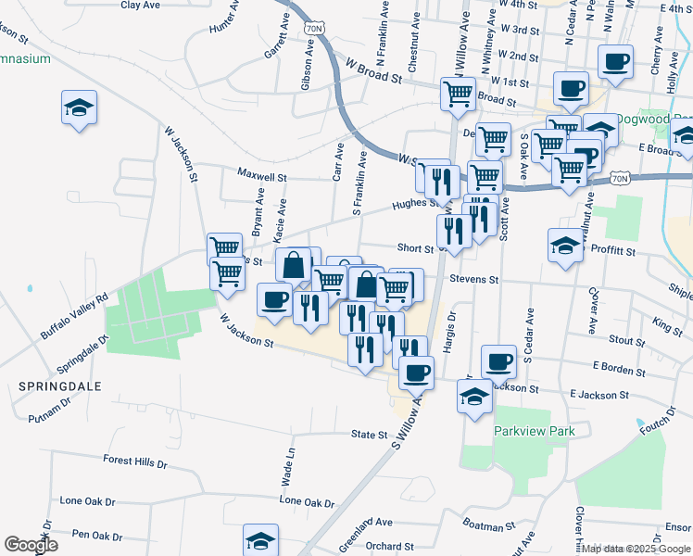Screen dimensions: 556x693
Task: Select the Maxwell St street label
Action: click(262, 175)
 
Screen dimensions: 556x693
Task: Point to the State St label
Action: click(369, 434)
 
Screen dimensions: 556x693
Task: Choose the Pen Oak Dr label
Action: click(96, 536)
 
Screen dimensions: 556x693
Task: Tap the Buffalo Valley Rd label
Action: click(74, 315)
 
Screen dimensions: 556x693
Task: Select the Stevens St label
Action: click(474, 279)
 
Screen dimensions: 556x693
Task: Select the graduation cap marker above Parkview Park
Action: click(475, 398)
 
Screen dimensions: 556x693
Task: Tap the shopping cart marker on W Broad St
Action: click(458, 94)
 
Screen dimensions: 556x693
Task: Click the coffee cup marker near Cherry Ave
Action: click(615, 63)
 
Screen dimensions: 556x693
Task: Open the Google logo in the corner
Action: click(31, 545)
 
